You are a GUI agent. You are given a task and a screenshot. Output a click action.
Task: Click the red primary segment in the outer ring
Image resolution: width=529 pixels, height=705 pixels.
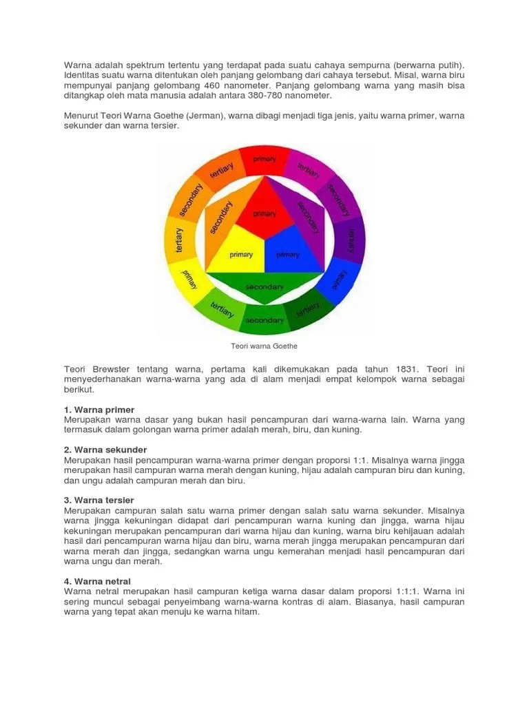[264, 159]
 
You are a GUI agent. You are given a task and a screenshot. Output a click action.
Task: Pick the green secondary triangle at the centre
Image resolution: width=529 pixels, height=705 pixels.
[264, 284]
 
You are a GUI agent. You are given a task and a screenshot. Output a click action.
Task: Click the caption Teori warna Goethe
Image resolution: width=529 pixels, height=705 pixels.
[264, 346]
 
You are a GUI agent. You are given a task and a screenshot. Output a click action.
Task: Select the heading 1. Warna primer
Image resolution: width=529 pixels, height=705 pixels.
[99, 410]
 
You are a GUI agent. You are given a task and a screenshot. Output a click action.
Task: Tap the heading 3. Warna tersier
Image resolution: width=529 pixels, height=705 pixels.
[99, 500]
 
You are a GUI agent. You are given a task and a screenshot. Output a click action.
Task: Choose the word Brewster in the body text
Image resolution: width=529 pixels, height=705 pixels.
[114, 370]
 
